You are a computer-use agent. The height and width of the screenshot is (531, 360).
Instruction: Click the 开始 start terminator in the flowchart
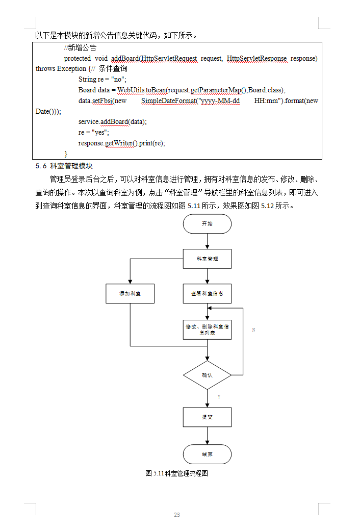[207, 224]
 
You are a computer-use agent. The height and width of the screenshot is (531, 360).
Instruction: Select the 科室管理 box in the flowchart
[207, 259]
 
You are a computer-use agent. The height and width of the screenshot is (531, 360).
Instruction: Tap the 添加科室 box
[130, 293]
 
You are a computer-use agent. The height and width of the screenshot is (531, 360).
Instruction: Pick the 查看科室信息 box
[207, 293]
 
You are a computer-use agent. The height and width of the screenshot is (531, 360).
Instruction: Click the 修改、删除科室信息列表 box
[207, 330]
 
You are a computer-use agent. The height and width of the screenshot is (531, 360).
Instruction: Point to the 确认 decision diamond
[207, 375]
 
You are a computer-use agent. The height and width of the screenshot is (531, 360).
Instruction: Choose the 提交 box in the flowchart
[207, 417]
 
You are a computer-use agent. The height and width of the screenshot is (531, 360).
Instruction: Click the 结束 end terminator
[207, 454]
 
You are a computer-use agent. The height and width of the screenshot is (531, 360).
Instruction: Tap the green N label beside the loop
[253, 330]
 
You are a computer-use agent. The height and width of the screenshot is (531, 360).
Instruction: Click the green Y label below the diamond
[219, 396]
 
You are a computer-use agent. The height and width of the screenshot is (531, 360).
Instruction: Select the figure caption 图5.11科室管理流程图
[177, 473]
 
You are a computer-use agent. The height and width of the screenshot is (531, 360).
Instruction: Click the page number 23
[177, 515]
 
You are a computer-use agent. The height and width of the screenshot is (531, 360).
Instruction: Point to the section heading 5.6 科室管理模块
[64, 166]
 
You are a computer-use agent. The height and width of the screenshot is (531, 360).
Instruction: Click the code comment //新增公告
[80, 48]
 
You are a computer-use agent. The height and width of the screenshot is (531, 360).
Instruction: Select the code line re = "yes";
[93, 132]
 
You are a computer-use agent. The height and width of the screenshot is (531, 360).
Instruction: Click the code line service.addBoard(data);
[112, 121]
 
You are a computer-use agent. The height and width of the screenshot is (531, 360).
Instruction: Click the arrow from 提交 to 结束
[207, 436]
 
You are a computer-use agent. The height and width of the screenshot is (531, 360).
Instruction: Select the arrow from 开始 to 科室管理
[207, 241]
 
